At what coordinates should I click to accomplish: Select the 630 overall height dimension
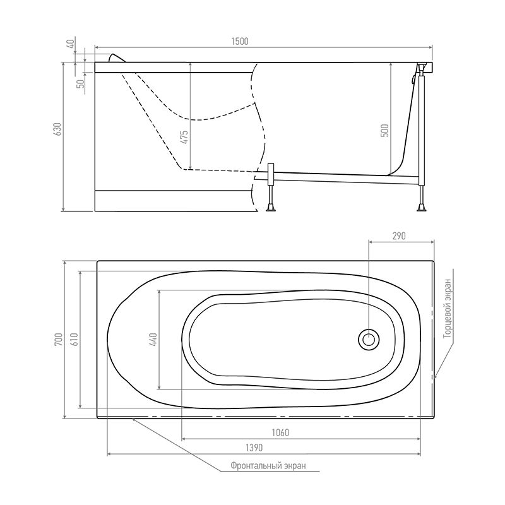point(57,129)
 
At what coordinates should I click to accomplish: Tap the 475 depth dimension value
point(184,137)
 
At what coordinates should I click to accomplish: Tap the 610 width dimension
point(74,339)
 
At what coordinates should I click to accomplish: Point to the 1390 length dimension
point(253,447)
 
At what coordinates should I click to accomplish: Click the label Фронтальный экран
point(268,466)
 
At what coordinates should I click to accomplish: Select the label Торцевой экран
point(446,309)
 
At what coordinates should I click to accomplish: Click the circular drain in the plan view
point(369,340)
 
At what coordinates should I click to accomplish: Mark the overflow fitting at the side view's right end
point(417,78)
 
